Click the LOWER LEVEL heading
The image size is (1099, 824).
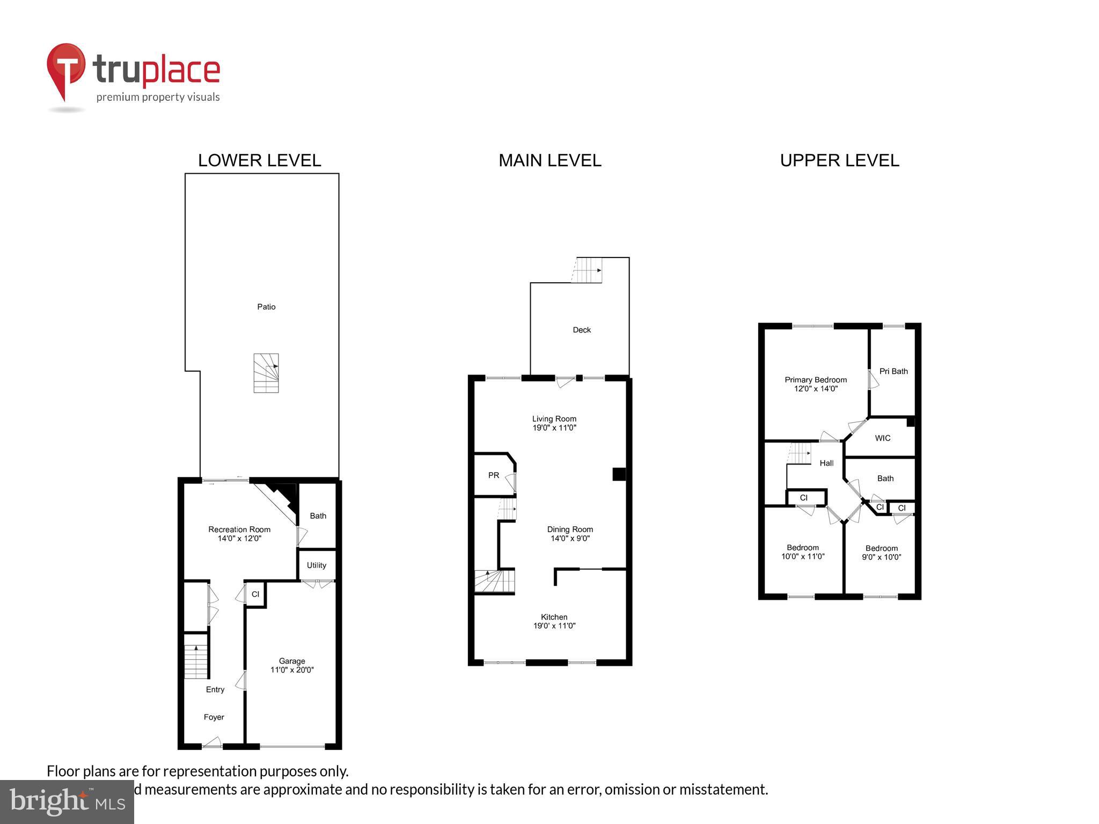pyautogui.click(x=259, y=160)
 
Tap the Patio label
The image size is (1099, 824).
pyautogui.click(x=266, y=307)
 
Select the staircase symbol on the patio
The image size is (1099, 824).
pyautogui.click(x=266, y=373)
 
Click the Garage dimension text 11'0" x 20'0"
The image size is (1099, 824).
pyautogui.click(x=292, y=670)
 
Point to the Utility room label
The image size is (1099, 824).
pyautogui.click(x=317, y=565)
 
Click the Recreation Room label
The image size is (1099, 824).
pyautogui.click(x=239, y=529)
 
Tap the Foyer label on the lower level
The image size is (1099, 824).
pyautogui.click(x=214, y=717)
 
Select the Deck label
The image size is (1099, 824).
pyautogui.click(x=582, y=330)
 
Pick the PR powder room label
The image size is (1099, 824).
pyautogui.click(x=494, y=475)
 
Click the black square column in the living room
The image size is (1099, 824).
pyautogui.click(x=619, y=474)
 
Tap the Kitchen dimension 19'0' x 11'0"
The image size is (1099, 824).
pyautogui.click(x=554, y=626)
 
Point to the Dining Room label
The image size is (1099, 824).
pyautogui.click(x=570, y=529)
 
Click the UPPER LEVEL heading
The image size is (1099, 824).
pyautogui.click(x=839, y=160)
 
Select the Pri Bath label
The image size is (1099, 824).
pyautogui.click(x=893, y=371)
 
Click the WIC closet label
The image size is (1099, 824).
pyautogui.click(x=883, y=438)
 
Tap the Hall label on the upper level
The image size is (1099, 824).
pyautogui.click(x=826, y=463)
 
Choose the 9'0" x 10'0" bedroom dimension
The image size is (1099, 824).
pyautogui.click(x=882, y=557)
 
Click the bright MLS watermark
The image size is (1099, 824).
pyautogui.click(x=67, y=801)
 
